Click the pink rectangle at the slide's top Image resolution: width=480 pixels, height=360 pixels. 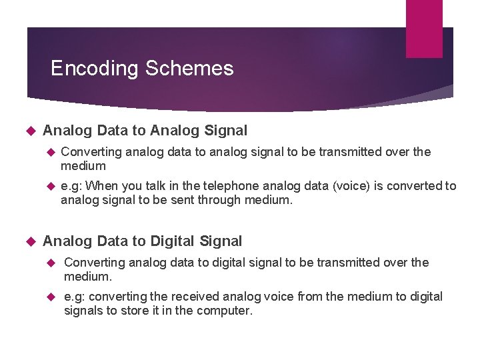click(424, 28)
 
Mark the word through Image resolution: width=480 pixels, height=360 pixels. click(221, 200)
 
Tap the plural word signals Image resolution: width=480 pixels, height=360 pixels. click(83, 311)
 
